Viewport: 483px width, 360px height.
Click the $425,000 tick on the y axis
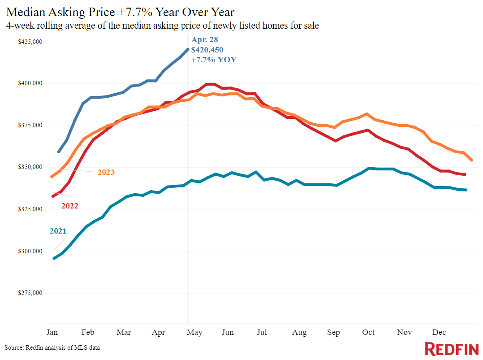click(30, 42)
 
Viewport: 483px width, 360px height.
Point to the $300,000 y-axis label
click(30, 251)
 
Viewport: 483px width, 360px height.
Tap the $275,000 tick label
click(30, 293)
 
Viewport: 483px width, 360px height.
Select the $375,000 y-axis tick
click(30, 125)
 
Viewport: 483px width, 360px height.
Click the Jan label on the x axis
click(52, 332)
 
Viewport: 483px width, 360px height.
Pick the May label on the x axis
click(194, 333)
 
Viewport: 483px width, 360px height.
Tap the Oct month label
click(368, 332)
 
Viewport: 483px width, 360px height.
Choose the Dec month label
click(439, 332)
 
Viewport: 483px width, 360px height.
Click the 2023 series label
click(106, 172)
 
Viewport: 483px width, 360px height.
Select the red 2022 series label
click(70, 206)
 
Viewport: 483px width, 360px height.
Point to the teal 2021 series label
click(58, 231)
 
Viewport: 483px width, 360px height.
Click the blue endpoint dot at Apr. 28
click(188, 49)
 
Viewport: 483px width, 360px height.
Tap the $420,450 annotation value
click(207, 50)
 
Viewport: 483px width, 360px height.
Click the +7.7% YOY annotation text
click(214, 60)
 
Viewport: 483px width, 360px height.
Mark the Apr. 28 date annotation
click(204, 40)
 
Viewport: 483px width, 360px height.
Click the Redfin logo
click(452, 349)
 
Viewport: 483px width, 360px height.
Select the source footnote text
click(52, 348)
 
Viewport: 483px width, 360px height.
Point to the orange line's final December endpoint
click(472, 160)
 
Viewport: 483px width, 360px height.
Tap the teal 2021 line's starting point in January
click(54, 258)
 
